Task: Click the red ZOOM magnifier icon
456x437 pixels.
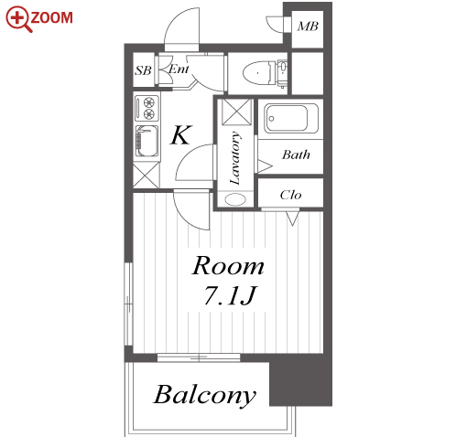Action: (x=18, y=19)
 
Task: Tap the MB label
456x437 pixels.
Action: (x=308, y=27)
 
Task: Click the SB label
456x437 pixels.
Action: (x=143, y=70)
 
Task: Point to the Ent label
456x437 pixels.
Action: (x=179, y=69)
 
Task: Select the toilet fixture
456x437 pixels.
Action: (x=265, y=73)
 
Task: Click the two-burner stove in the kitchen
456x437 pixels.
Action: (x=147, y=108)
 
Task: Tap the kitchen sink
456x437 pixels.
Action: (x=147, y=141)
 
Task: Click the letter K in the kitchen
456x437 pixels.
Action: (x=180, y=134)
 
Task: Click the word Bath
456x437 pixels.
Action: (x=296, y=155)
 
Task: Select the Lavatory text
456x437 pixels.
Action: (x=235, y=158)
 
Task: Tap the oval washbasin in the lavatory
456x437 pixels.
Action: (x=235, y=199)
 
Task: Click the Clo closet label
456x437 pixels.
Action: (x=290, y=195)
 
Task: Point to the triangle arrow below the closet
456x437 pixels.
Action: (x=292, y=218)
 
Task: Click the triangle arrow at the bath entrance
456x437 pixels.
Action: (x=265, y=166)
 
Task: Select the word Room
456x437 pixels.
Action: (x=228, y=266)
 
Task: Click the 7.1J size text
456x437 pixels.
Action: (x=230, y=295)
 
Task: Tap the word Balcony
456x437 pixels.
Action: (x=204, y=395)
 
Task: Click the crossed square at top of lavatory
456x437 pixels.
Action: (x=236, y=112)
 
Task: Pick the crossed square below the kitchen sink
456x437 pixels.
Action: (x=147, y=176)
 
